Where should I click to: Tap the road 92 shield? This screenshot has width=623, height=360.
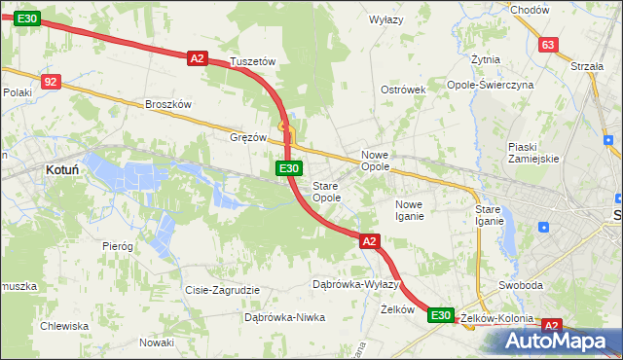click(x=52, y=82)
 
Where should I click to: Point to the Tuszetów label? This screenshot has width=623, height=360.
click(x=253, y=61)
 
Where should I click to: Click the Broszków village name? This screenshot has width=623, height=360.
click(x=169, y=104)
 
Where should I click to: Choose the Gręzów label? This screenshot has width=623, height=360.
click(x=247, y=137)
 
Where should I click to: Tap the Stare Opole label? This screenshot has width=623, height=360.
click(x=326, y=192)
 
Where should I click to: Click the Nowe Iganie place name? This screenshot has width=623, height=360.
click(x=409, y=210)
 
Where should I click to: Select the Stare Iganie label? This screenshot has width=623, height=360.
click(x=489, y=215)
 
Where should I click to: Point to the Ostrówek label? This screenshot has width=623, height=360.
click(x=404, y=90)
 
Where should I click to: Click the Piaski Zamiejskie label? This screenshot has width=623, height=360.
click(x=532, y=153)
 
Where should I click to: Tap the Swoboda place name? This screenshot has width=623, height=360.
click(x=520, y=286)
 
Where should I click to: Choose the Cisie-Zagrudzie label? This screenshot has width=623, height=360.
click(x=222, y=290)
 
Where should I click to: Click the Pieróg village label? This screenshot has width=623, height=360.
click(x=117, y=246)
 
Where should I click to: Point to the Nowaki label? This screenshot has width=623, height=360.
click(x=156, y=342)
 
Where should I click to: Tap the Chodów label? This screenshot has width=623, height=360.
click(x=530, y=9)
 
